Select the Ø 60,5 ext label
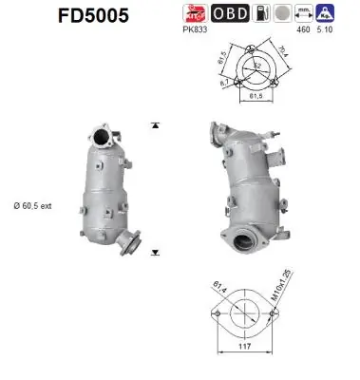37,204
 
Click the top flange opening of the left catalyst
105,134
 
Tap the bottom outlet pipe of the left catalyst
132,248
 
